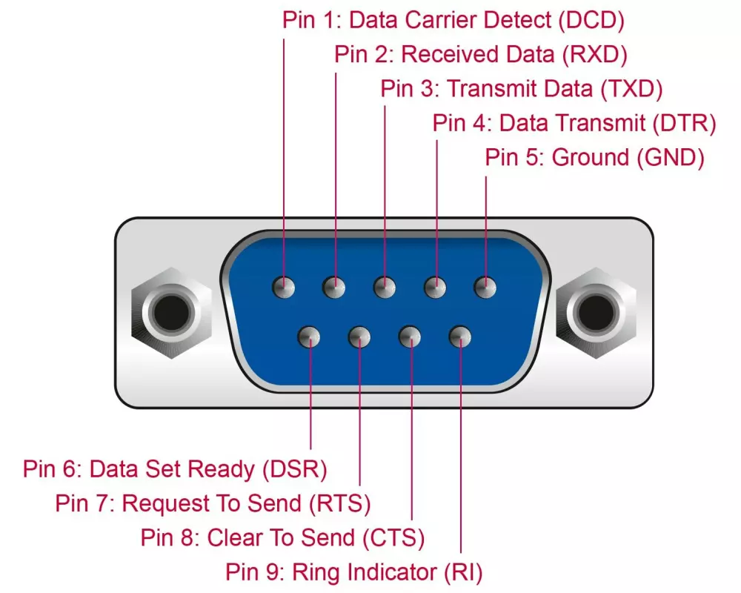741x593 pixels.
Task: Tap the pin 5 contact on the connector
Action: click(x=485, y=286)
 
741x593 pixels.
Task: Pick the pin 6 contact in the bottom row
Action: click(x=310, y=337)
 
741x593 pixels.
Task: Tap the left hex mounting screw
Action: click(x=168, y=312)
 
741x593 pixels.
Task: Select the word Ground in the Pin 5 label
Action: click(x=590, y=157)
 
